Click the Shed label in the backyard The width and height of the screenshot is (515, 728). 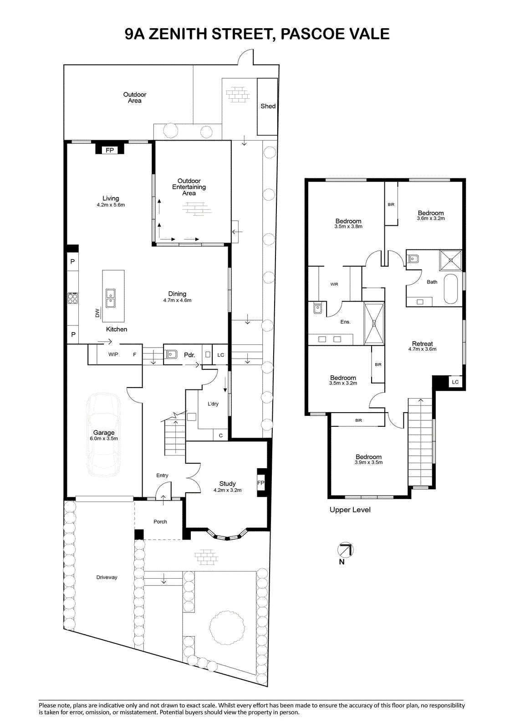[268, 106]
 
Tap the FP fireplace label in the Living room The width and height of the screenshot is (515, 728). [110, 150]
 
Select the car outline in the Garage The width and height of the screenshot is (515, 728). [103, 435]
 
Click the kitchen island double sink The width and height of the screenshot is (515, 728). [110, 298]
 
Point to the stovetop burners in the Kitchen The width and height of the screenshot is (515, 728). [72, 298]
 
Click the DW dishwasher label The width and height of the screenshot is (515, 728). [97, 313]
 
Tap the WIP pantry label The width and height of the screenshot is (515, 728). [113, 354]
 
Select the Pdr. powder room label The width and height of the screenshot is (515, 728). [189, 355]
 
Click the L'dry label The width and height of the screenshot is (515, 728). [213, 404]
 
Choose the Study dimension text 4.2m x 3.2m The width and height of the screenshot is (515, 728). [227, 490]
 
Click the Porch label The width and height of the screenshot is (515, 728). [160, 521]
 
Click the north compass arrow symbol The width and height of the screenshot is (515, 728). [346, 551]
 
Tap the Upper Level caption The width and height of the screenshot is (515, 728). [350, 510]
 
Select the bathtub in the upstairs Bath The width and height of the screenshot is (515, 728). [451, 289]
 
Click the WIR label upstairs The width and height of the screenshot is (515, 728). [334, 284]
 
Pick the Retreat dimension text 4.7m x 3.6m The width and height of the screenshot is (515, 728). [422, 349]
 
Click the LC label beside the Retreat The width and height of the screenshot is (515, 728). [455, 382]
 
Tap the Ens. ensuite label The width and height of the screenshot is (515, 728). [345, 322]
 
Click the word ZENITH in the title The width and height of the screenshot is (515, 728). [178, 34]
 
